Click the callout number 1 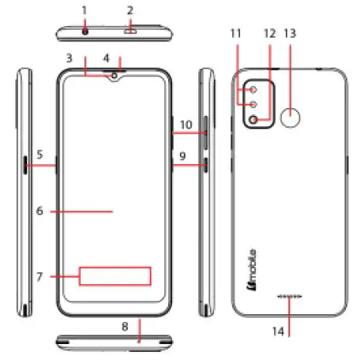(84, 10)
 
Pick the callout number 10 (186, 125)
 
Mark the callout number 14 (289, 332)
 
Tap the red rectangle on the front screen (115, 275)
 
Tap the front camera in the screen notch (115, 77)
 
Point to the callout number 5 (39, 154)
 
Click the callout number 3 (69, 58)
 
